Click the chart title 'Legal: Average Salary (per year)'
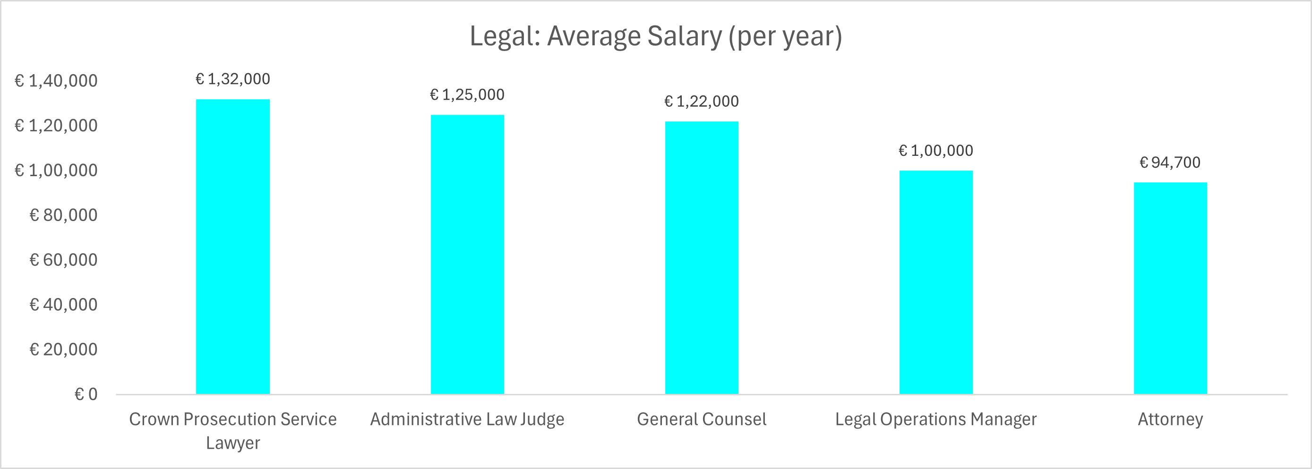pos(655,37)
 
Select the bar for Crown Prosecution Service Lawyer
pos(233,247)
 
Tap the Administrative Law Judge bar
pos(467,254)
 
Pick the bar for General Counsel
pos(701,258)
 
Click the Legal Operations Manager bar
pos(935,282)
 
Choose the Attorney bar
pos(1170,288)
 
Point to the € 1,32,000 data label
pos(233,79)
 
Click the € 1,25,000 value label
pos(467,95)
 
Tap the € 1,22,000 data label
pos(701,102)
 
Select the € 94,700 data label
pos(1170,162)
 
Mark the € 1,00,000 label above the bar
pos(935,151)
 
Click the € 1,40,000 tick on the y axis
pos(56,81)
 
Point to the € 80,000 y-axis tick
pos(63,215)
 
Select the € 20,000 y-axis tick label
pos(63,350)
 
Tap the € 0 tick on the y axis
pos(86,395)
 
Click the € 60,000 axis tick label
pos(63,260)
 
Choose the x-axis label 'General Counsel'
pos(701,419)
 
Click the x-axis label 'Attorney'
pos(1170,419)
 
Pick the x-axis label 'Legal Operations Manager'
pos(935,419)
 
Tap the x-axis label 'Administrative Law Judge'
pos(467,419)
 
